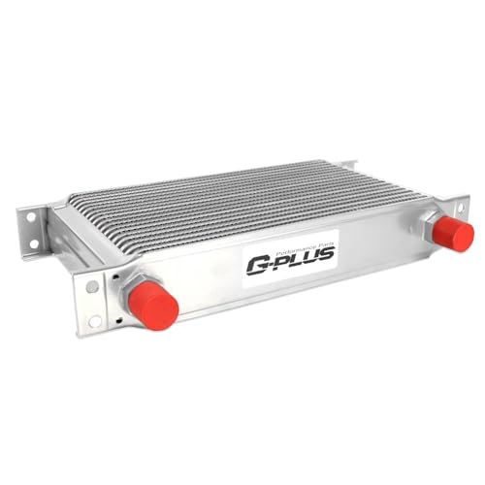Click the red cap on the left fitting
point(153,306)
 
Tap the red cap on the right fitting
point(453,233)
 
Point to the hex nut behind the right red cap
point(431,226)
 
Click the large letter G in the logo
point(258,264)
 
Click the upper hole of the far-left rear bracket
point(31,217)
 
